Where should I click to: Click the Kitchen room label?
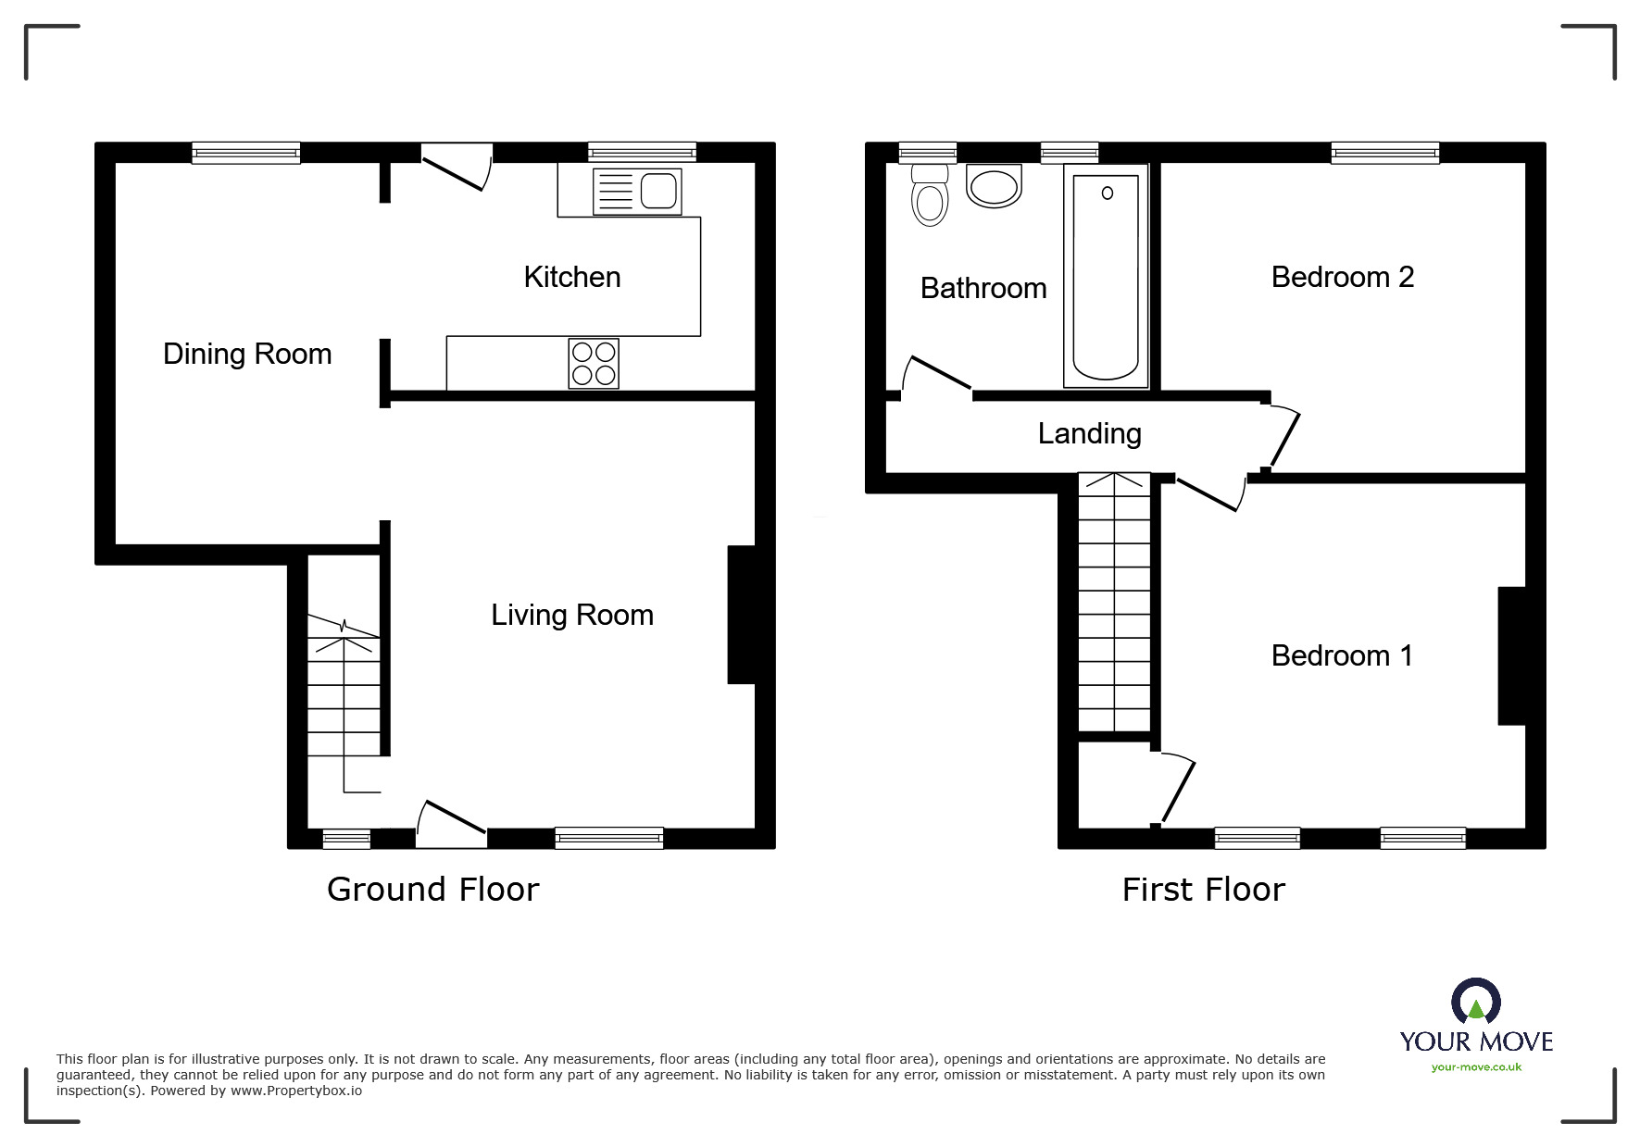click(x=571, y=277)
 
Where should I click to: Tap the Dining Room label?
click(x=247, y=354)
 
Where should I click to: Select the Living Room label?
click(x=572, y=615)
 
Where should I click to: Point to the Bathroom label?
click(x=983, y=288)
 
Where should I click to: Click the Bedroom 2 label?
click(x=1343, y=277)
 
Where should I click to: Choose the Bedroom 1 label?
click(x=1342, y=655)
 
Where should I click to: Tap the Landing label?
click(x=1089, y=433)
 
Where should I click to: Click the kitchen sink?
click(x=637, y=192)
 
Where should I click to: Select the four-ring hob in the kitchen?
click(x=594, y=363)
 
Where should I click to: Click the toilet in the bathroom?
click(x=929, y=195)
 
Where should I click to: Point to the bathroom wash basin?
click(x=994, y=185)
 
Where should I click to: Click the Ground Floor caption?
click(x=432, y=890)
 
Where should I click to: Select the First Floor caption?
click(x=1203, y=890)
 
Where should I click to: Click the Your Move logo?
click(x=1476, y=1025)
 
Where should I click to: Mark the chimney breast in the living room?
click(x=742, y=615)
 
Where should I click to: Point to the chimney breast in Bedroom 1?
click(x=1512, y=655)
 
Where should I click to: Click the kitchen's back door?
click(x=457, y=168)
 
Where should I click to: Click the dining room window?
click(x=246, y=153)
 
